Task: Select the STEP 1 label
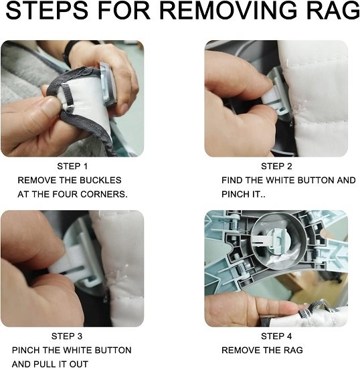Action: pos(72,167)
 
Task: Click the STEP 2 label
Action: pos(276,167)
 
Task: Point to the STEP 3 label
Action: pos(67,337)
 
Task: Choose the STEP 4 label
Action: pos(276,337)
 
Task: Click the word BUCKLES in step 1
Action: pos(100,180)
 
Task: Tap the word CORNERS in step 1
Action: pos(104,194)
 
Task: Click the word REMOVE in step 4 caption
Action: pos(240,350)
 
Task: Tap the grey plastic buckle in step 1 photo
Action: pos(108,84)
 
